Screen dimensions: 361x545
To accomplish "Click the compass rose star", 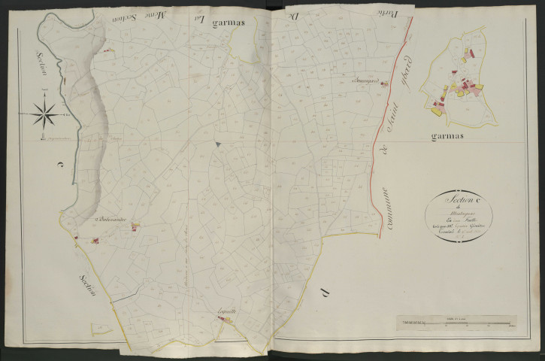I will (x=44, y=115).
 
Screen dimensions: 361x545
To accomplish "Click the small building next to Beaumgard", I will (x=384, y=83).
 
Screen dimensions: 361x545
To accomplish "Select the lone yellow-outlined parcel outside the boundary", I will (x=98, y=329).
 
